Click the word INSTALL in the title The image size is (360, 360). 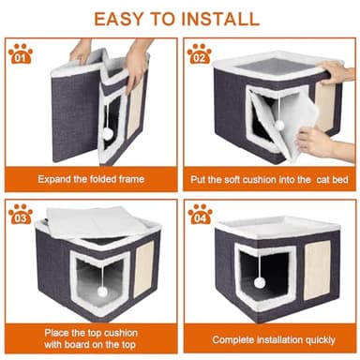pyautogui.click(x=220, y=17)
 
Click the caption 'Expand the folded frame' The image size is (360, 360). pyautogui.click(x=91, y=176)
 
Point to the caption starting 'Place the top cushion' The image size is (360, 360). pyautogui.click(x=91, y=332)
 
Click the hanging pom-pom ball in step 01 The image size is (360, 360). pyautogui.click(x=109, y=135)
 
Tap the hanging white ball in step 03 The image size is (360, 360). pyautogui.click(x=101, y=292)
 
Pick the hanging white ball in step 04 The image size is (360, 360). pyautogui.click(x=259, y=281)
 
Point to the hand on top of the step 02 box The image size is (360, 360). pyautogui.click(x=336, y=72)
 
